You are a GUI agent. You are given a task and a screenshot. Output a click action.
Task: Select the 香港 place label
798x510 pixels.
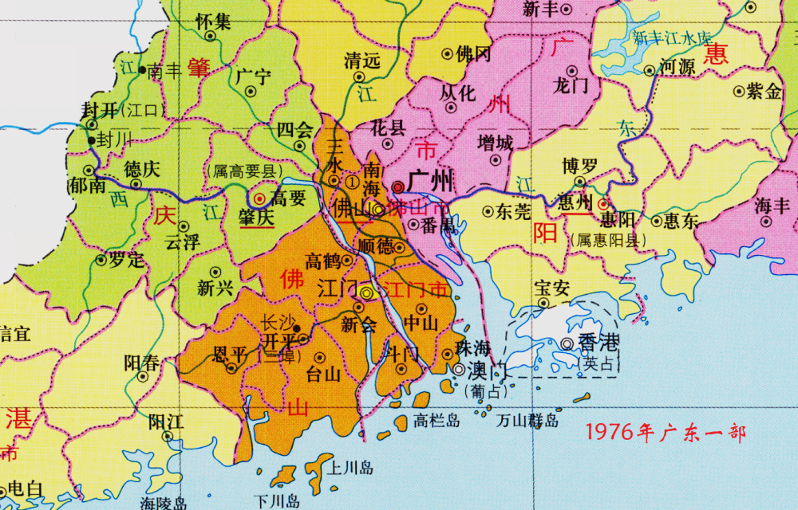(x=598, y=343)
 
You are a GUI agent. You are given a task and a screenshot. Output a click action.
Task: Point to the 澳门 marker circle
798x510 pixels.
(x=460, y=370)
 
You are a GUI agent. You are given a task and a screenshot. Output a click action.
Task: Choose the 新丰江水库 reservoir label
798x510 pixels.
(x=671, y=38)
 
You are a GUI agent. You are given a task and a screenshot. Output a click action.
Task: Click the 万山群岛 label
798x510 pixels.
(x=527, y=420)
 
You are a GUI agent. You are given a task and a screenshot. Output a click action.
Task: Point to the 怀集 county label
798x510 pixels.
(x=213, y=21)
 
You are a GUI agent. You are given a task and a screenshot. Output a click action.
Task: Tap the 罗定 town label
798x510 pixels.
(x=126, y=259)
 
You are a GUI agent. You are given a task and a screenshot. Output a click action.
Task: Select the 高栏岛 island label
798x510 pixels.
(x=437, y=421)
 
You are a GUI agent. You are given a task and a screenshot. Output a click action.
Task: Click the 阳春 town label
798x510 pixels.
(x=142, y=363)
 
